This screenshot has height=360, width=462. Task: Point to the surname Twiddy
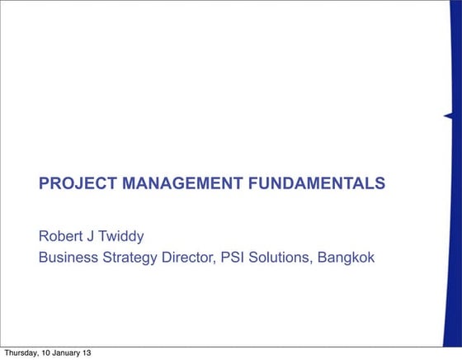click(x=124, y=237)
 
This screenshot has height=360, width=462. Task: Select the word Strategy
click(x=135, y=258)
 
